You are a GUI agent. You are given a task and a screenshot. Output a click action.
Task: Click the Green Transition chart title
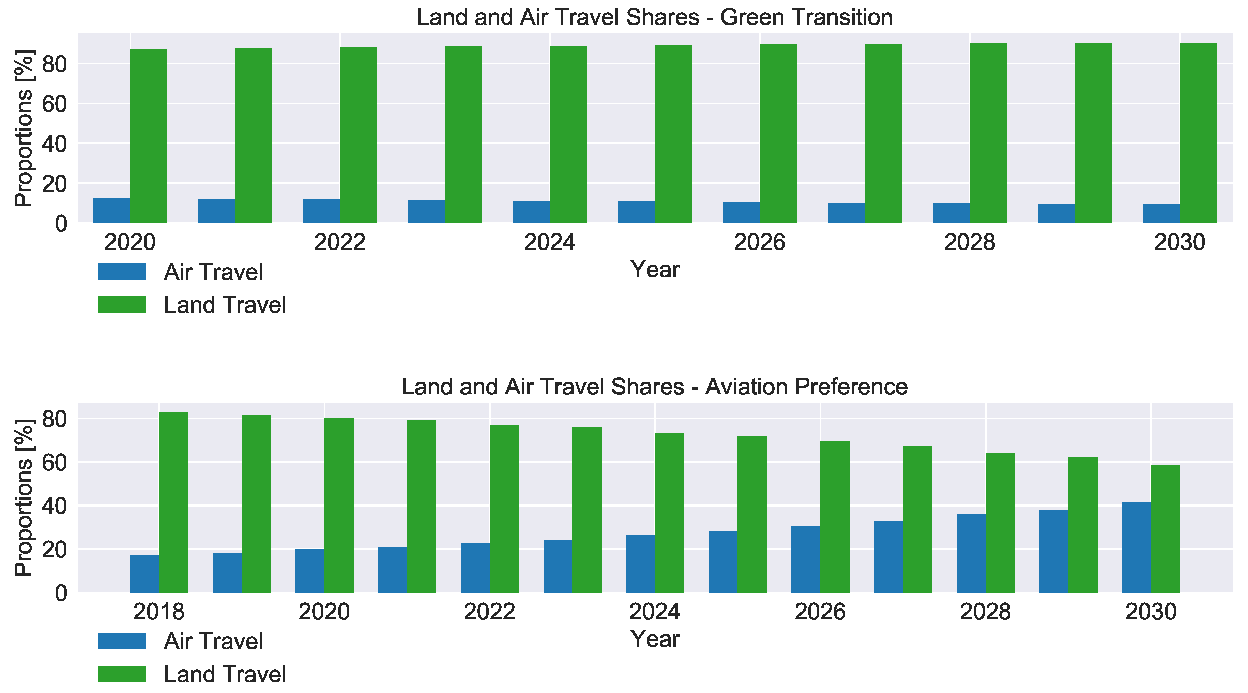(654, 17)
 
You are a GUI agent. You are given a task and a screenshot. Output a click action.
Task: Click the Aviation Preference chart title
(654, 387)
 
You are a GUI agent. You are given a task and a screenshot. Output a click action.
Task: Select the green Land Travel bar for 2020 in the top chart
(149, 136)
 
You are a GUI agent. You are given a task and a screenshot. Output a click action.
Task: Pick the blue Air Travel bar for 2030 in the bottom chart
(1136, 547)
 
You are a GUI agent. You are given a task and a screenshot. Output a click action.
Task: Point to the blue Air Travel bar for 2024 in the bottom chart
(640, 563)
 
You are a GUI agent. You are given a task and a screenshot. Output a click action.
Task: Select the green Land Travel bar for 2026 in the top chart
(778, 134)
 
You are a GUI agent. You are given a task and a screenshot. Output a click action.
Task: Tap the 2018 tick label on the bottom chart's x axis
(158, 612)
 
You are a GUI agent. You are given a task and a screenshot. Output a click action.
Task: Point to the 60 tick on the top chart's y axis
(54, 104)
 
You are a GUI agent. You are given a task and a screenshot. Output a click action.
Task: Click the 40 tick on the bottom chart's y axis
(54, 506)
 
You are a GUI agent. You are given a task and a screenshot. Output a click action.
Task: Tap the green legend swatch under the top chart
(122, 305)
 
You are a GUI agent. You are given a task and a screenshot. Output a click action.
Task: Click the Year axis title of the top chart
(655, 269)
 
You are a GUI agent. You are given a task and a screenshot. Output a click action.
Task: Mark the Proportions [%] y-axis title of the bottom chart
(23, 497)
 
